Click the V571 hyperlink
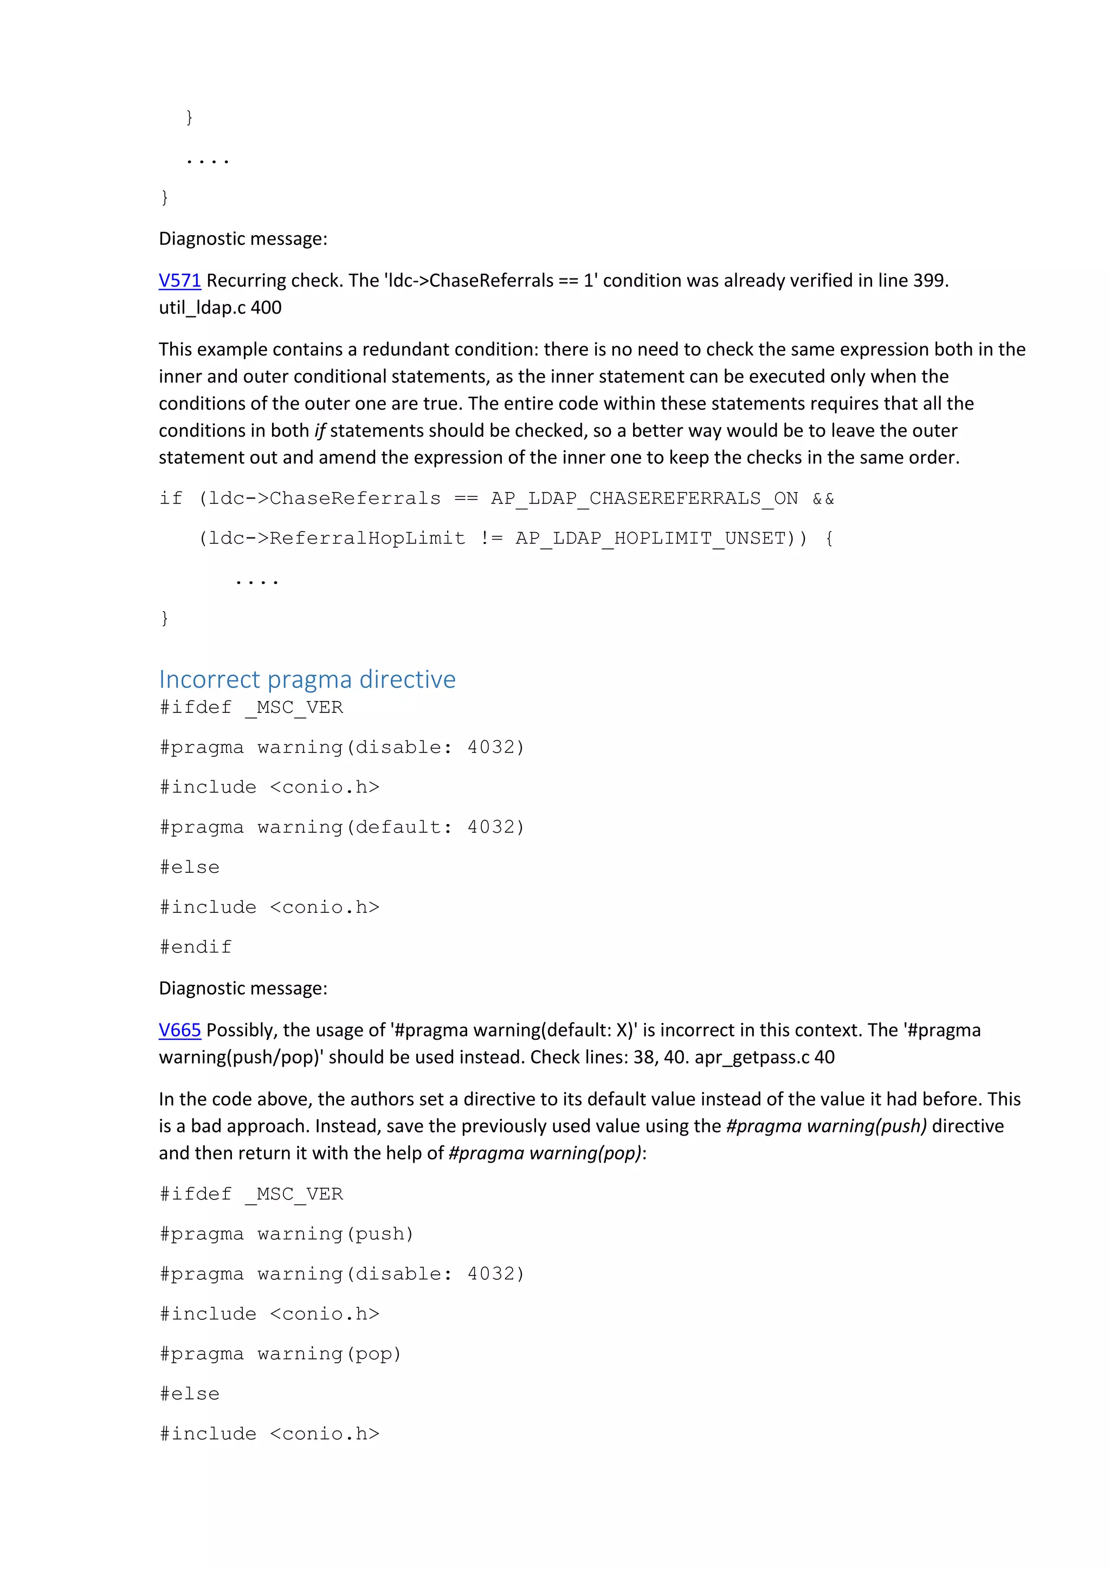click(180, 281)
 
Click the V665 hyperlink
click(180, 1030)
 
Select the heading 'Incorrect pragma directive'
click(307, 679)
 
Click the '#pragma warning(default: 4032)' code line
click(342, 827)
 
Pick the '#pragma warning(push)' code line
click(286, 1234)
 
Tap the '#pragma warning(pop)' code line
click(280, 1354)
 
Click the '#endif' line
click(196, 947)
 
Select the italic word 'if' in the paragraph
click(319, 431)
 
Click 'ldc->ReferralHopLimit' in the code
click(336, 539)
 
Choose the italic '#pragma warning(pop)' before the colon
click(545, 1153)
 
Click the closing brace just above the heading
click(164, 618)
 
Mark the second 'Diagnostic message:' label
click(243, 988)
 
